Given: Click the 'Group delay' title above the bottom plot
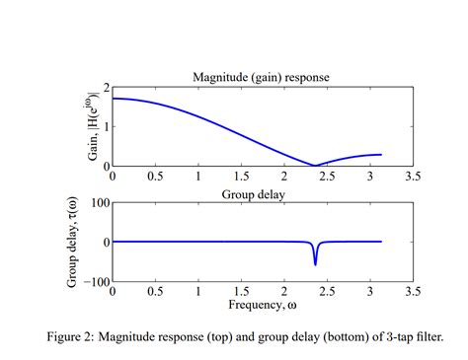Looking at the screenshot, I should pos(263,193).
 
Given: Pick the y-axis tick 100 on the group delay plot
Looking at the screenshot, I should pos(98,203).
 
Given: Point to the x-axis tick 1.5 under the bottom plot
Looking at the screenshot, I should pos(241,292).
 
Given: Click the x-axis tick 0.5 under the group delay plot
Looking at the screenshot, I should pos(155,292).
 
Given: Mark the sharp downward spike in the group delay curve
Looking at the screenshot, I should pos(315,263).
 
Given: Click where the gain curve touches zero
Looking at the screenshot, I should pos(314,166).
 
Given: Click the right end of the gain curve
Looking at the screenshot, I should pos(381,155).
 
